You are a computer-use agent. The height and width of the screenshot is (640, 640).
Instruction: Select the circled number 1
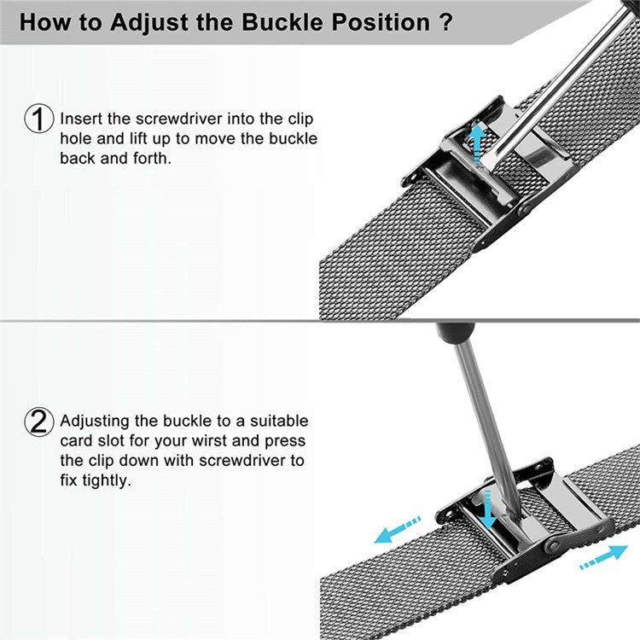39,119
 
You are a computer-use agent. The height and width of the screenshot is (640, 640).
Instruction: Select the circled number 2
39,422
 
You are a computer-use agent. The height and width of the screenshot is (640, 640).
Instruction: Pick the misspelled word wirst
217,441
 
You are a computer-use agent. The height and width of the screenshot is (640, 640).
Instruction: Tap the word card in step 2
76,441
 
